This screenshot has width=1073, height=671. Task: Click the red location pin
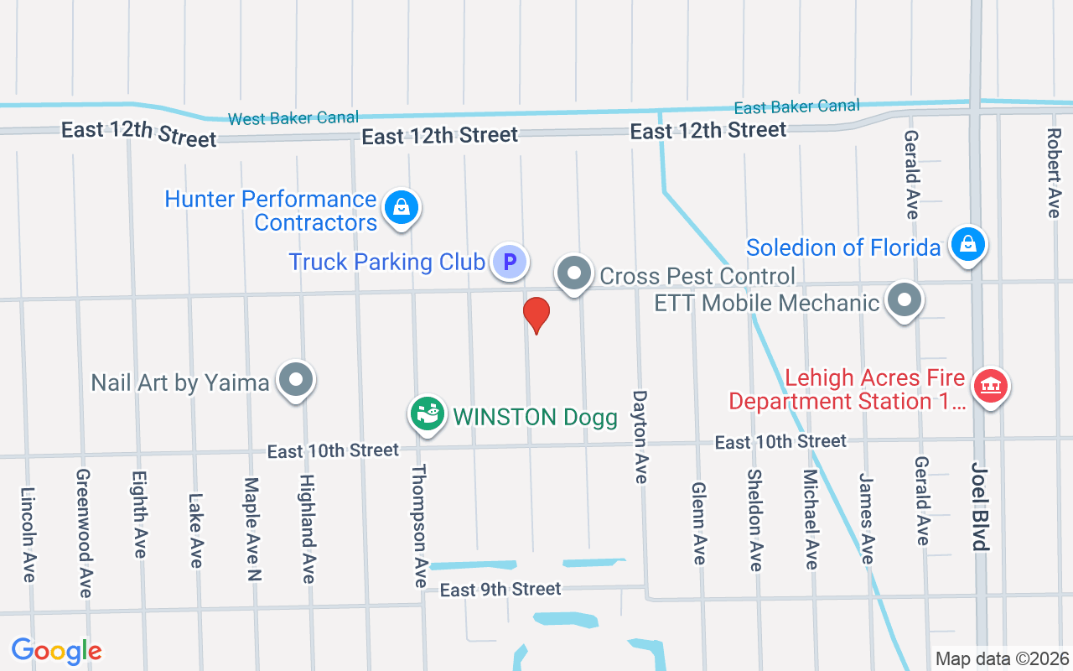tap(536, 314)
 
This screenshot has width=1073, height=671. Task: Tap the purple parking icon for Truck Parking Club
tap(509, 262)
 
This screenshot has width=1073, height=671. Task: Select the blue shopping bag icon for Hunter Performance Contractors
tap(402, 206)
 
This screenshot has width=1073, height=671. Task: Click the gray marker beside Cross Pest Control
tap(574, 273)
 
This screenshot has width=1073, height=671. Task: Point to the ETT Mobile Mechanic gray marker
tap(905, 299)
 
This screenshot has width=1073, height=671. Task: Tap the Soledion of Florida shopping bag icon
tap(968, 244)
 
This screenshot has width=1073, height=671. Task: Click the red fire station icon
tap(991, 386)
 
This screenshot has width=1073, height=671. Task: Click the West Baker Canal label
tap(293, 118)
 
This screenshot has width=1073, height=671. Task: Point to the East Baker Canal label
tap(796, 107)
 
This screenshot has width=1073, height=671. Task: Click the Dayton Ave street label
tap(640, 436)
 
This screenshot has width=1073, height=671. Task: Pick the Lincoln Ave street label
tap(28, 534)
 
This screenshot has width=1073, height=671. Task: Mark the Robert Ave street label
tap(1054, 172)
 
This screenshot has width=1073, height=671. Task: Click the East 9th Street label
tap(500, 590)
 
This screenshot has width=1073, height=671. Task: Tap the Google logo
tap(56, 651)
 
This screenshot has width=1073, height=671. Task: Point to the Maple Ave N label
tap(252, 528)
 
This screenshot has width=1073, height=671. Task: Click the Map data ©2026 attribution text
tap(1003, 659)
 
